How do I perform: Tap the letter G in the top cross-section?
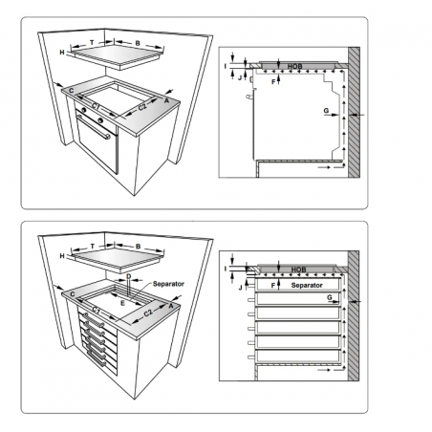tap(326, 113)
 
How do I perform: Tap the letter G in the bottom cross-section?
tap(329, 299)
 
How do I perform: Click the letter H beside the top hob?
tap(61, 52)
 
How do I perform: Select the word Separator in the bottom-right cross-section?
tap(306, 285)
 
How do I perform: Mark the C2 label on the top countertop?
tap(141, 108)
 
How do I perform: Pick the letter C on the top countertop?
tap(71, 89)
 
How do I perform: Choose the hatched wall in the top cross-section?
tap(354, 115)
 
